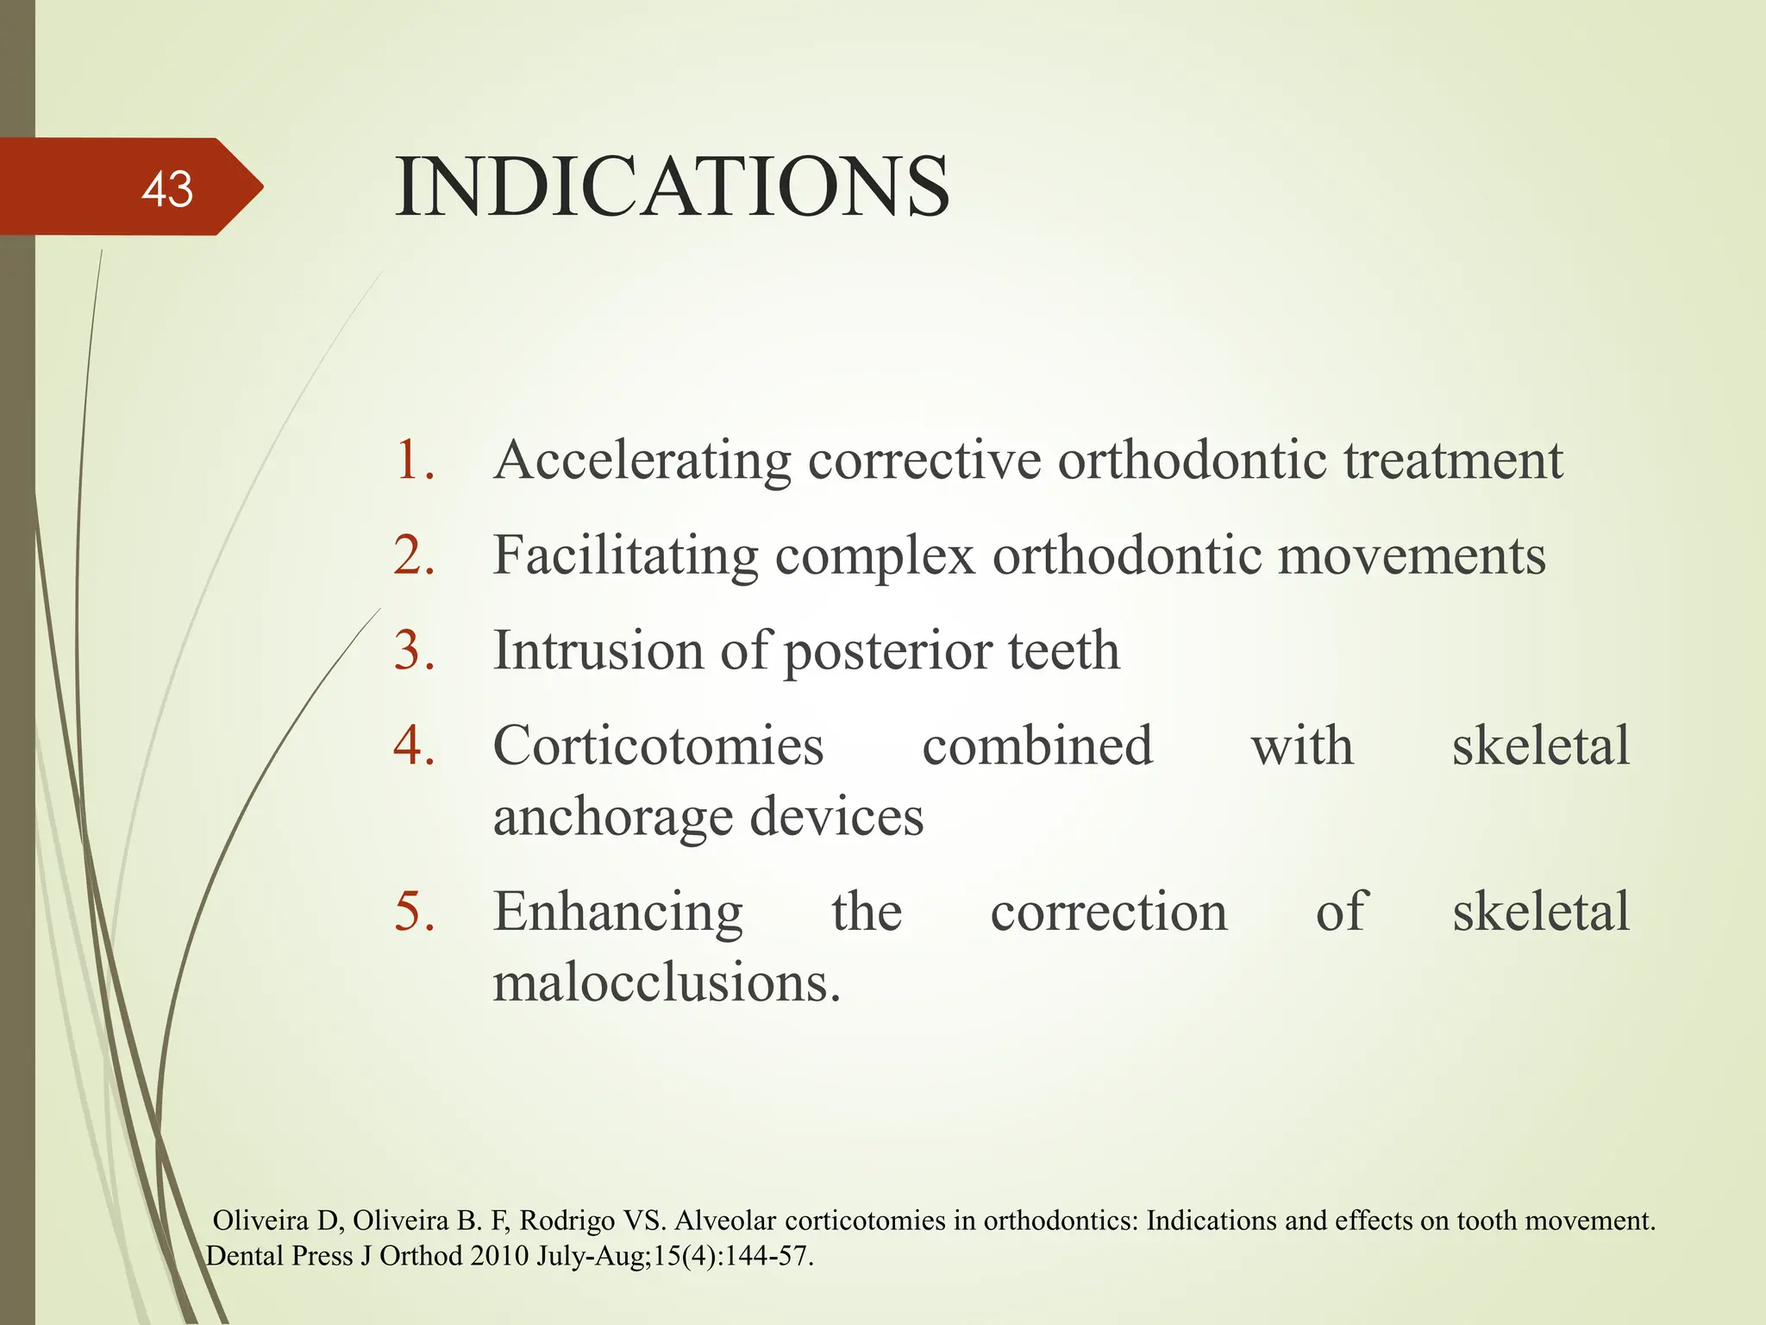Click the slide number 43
point(167,189)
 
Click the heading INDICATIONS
point(672,186)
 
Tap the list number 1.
point(413,460)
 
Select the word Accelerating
point(642,462)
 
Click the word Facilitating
point(625,556)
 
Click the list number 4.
point(413,745)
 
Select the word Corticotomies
point(658,745)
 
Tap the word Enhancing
point(617,913)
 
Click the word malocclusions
point(666,983)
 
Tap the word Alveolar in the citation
point(726,1221)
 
